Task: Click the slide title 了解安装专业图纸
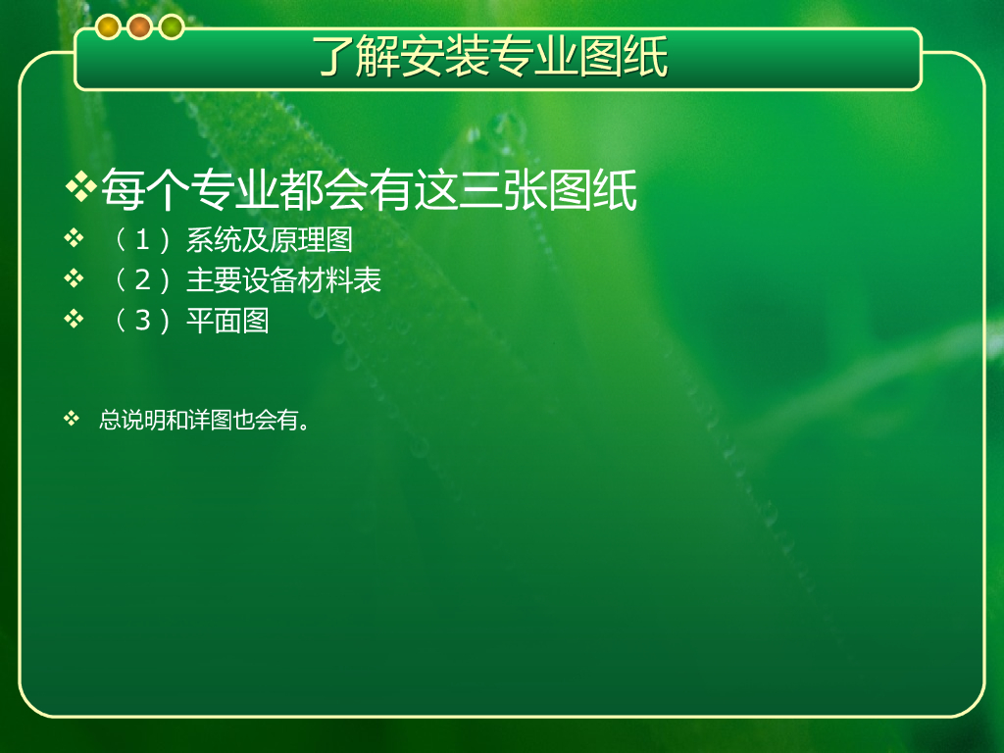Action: point(490,56)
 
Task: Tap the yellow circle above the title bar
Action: point(108,26)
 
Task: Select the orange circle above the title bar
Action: point(139,26)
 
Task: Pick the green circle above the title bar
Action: point(172,26)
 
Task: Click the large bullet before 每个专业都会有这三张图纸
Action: point(80,187)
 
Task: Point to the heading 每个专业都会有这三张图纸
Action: point(369,189)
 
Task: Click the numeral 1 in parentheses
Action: point(142,240)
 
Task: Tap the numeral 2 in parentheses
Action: point(142,279)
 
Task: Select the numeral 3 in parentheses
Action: point(142,321)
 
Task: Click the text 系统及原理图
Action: point(270,240)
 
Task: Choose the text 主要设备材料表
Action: point(283,279)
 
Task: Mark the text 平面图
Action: point(227,321)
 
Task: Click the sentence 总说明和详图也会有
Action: point(204,420)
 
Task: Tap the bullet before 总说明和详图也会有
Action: point(71,419)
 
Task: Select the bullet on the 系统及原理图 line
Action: point(74,238)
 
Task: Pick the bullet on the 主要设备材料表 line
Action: point(74,277)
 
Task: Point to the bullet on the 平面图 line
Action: point(74,319)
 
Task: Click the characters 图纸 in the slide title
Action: point(625,56)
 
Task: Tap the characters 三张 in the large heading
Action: point(503,189)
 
